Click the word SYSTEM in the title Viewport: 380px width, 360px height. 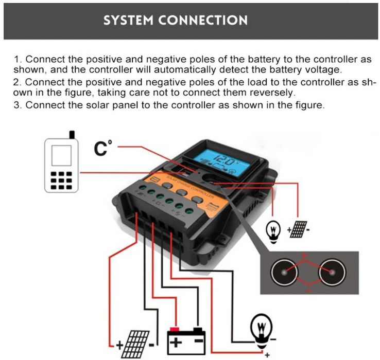130,21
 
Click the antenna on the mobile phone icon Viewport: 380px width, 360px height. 72,135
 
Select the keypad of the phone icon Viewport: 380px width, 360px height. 62,181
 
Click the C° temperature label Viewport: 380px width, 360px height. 102,148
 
